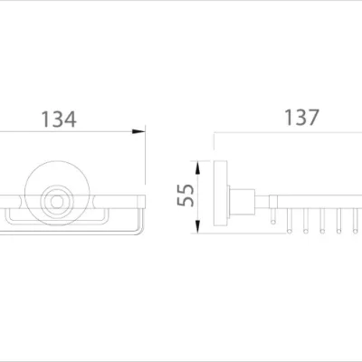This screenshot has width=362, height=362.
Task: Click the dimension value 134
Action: [56, 119]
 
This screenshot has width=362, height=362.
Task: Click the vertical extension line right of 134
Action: [146, 163]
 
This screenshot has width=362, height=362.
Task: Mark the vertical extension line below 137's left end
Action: [214, 145]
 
